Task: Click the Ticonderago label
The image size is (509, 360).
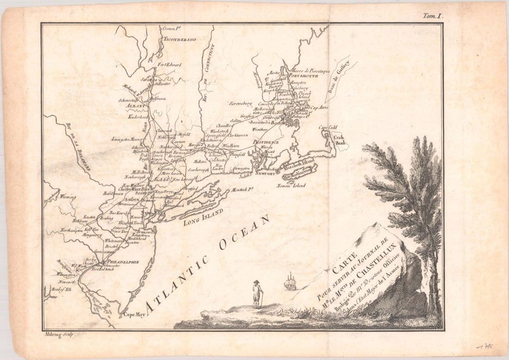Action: (x=180, y=39)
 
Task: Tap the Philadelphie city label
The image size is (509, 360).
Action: (x=123, y=262)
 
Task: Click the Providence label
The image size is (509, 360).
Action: (x=266, y=142)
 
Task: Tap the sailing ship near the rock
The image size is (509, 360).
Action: (x=290, y=281)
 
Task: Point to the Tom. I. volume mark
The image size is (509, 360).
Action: (x=433, y=16)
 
